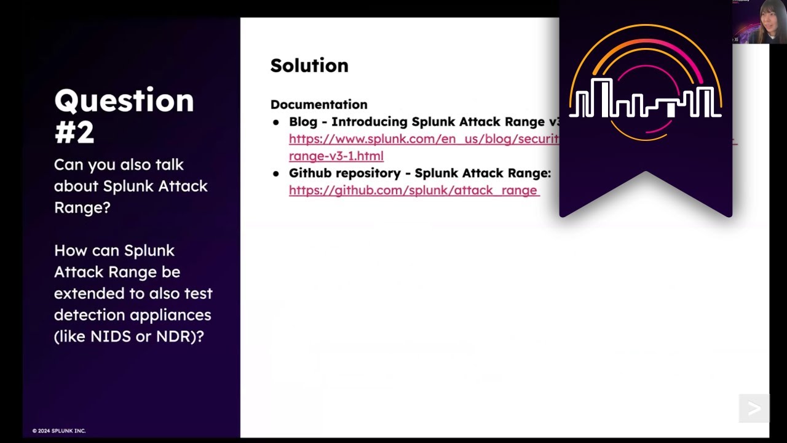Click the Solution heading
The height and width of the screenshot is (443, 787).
point(309,65)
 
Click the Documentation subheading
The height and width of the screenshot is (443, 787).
point(318,105)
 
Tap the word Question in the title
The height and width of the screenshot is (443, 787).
point(124,100)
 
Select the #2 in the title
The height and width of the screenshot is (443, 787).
point(74,132)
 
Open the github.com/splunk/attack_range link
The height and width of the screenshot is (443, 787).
point(414,190)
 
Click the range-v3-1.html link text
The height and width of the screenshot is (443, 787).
point(336,156)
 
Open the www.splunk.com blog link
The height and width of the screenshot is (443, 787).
point(424,139)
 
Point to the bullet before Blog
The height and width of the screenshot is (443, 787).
point(276,122)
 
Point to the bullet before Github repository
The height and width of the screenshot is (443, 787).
point(276,174)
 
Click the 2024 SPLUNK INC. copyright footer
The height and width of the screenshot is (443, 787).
point(59,431)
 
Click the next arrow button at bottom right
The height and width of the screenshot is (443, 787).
point(754,409)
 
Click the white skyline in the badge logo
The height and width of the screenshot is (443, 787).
point(645,102)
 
